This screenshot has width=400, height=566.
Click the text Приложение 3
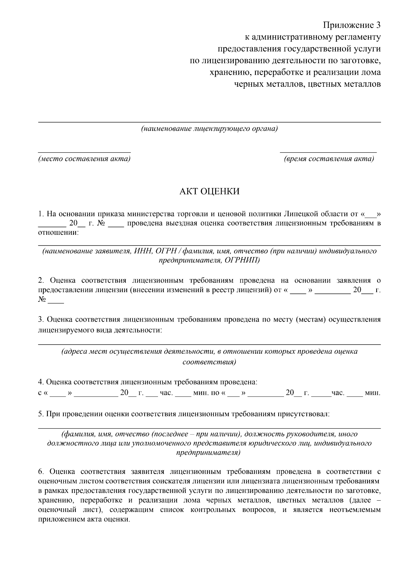click(x=352, y=25)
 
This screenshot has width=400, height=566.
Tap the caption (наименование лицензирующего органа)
click(x=209, y=129)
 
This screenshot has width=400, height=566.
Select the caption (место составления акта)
click(x=84, y=159)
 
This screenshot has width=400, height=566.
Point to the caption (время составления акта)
click(x=329, y=159)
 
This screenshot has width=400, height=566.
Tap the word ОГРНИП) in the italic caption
click(x=243, y=260)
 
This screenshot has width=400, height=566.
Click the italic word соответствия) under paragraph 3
click(x=209, y=362)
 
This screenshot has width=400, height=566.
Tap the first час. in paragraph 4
click(x=166, y=393)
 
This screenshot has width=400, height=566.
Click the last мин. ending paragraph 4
click(x=372, y=393)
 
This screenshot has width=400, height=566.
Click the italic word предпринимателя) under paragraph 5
click(x=209, y=453)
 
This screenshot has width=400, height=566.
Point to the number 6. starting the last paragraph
click(x=41, y=472)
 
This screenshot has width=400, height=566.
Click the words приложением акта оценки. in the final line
click(x=84, y=520)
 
